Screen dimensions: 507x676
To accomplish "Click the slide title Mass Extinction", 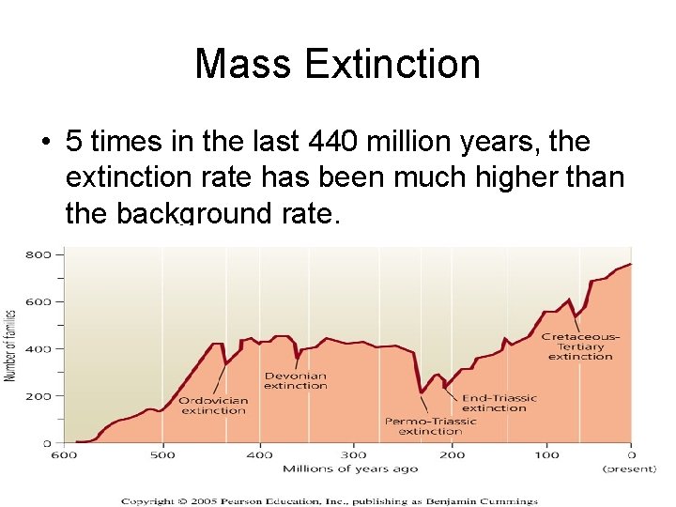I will tap(337, 64).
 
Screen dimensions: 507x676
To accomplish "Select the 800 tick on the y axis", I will tap(38, 254).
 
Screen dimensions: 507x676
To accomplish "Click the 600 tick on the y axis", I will tap(38, 301).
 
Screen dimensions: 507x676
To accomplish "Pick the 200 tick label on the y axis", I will tap(38, 395).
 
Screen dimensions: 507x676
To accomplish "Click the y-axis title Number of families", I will tap(11, 346).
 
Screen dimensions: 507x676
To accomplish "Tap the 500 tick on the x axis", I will tap(162, 455).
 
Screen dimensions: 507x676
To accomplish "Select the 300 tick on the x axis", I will tap(353, 455).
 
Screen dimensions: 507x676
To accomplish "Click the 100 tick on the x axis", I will tap(546, 455).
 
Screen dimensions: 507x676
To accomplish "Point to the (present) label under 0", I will tap(629, 468).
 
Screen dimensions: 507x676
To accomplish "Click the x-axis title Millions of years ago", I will tap(339, 468).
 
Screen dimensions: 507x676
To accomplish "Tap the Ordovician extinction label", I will tap(214, 406).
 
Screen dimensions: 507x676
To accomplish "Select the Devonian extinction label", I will tap(295, 380).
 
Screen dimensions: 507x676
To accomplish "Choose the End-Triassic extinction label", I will tap(499, 403).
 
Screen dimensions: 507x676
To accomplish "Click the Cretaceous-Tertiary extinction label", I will tap(580, 346).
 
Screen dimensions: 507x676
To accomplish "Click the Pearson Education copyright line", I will tap(329, 500).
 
